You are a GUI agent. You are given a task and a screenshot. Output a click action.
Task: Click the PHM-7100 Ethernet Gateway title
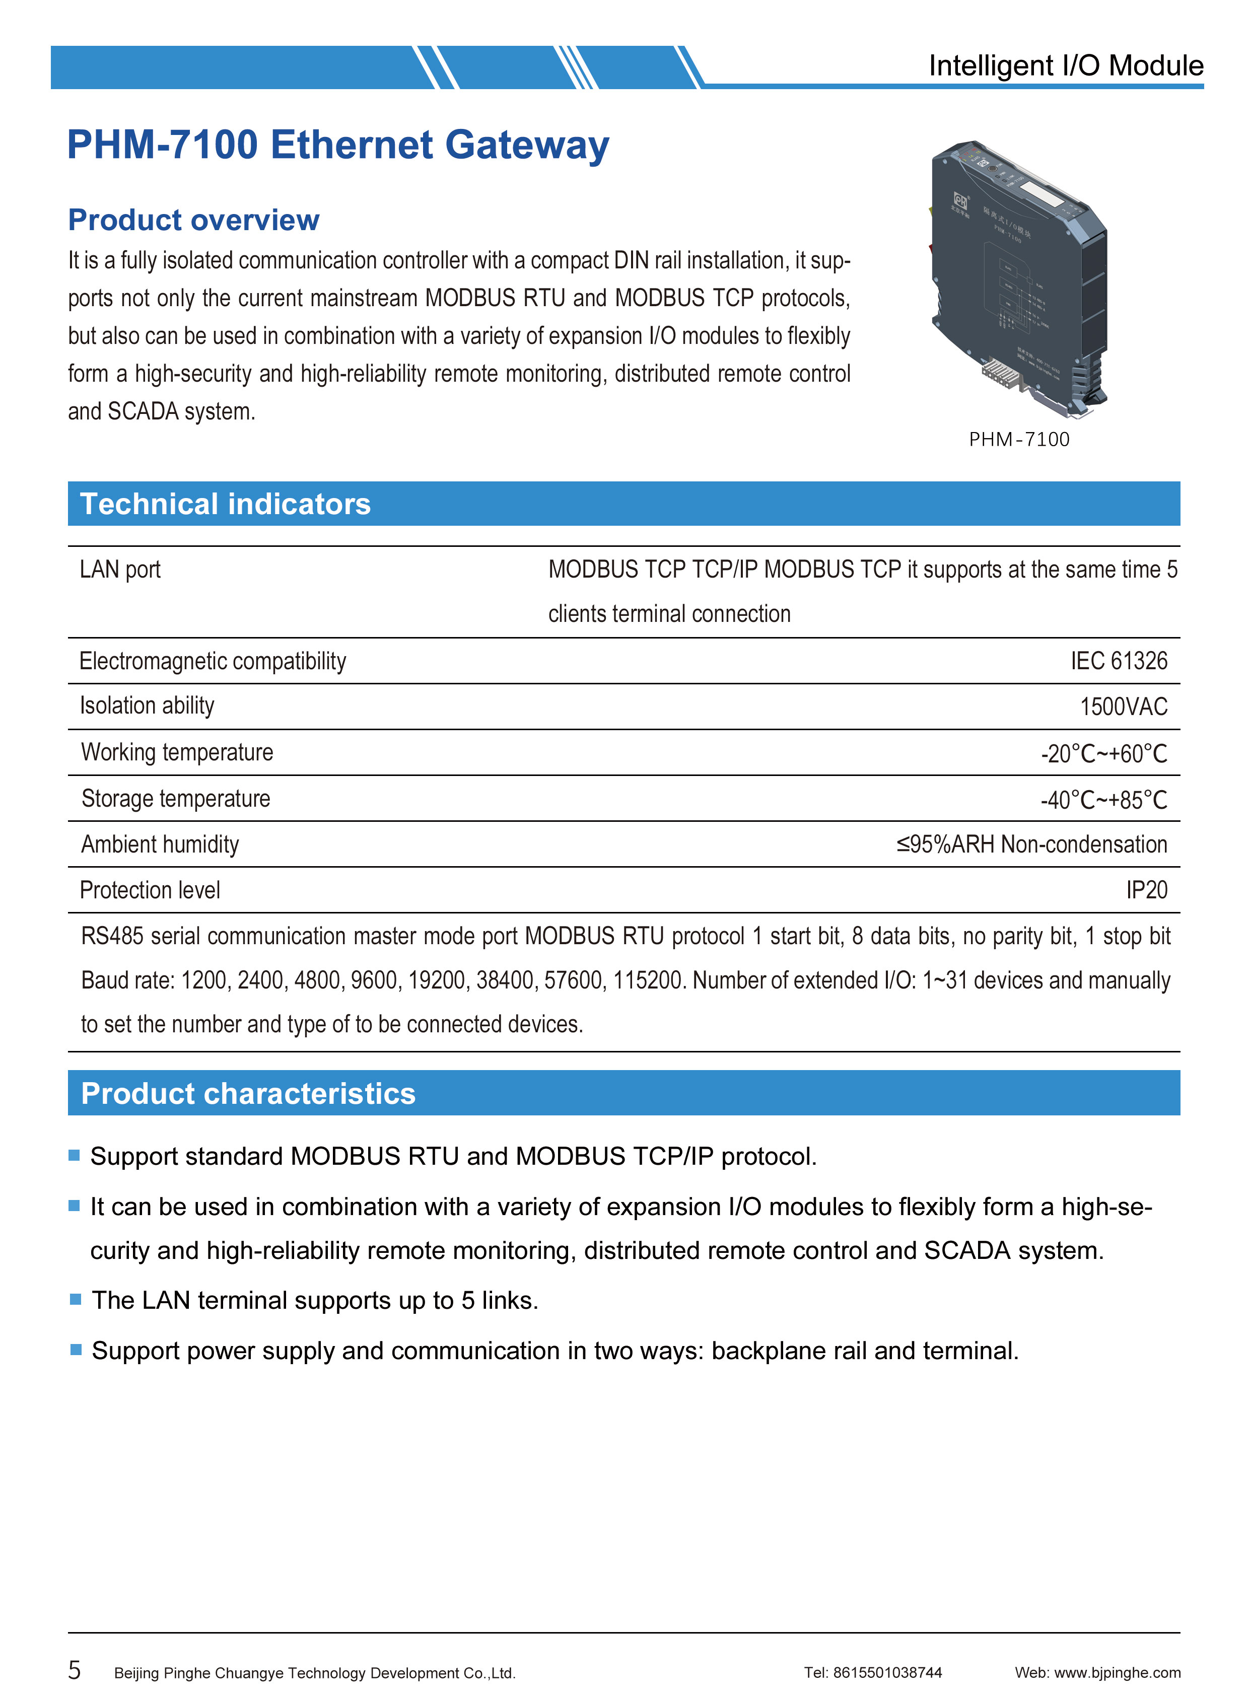[x=338, y=145]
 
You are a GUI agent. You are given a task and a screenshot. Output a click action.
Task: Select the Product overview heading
[x=193, y=220]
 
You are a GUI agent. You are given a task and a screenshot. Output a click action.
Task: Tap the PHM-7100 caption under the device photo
[x=1019, y=439]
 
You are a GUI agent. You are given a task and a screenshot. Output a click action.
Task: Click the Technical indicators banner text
[x=225, y=504]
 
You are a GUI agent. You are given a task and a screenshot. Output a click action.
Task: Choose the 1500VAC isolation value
[x=1124, y=707]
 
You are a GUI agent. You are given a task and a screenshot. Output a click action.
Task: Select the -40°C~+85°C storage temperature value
[x=1104, y=800]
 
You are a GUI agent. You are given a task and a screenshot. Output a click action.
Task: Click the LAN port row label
[x=120, y=570]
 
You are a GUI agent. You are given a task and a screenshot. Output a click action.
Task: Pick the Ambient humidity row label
[x=160, y=844]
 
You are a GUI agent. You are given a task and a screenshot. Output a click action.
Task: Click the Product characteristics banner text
[x=248, y=1094]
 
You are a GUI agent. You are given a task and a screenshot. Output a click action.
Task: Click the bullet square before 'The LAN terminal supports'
[x=75, y=1299]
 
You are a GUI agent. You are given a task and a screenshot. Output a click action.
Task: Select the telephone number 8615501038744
[x=887, y=1673]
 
